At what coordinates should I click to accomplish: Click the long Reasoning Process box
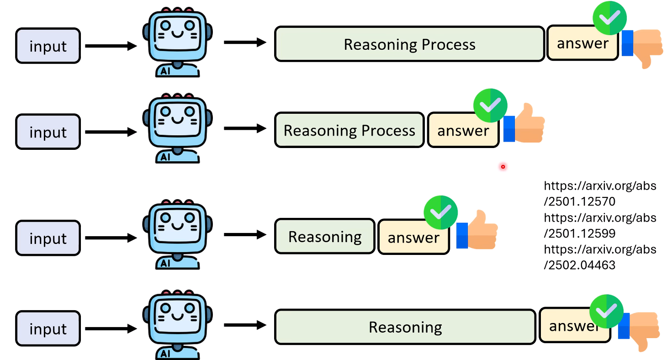(x=409, y=44)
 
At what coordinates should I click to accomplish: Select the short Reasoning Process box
(x=349, y=130)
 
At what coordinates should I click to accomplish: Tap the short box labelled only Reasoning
(x=325, y=237)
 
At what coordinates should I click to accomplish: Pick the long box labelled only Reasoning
(x=405, y=327)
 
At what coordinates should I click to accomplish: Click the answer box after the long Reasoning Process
(x=582, y=43)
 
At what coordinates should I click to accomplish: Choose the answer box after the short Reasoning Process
(x=463, y=131)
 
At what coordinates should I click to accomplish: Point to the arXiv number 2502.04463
(x=580, y=265)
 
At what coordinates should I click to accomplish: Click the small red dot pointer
(x=503, y=167)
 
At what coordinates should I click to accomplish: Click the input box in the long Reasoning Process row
(x=48, y=46)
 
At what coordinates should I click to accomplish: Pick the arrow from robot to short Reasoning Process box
(x=245, y=128)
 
